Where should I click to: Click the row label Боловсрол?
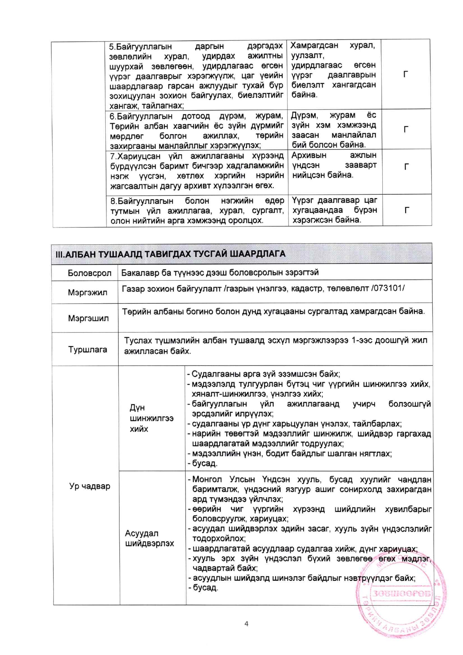point(89,274)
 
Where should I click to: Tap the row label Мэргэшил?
point(88,318)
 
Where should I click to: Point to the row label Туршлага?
point(87,350)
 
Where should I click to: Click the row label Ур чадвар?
point(90,486)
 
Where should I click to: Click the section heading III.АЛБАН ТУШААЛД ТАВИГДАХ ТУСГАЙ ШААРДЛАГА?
point(170,254)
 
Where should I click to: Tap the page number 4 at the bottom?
point(246,624)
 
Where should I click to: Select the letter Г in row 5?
point(406,74)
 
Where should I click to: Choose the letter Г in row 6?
point(406,129)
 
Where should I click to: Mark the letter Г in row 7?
point(407,167)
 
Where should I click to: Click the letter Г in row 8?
point(407,210)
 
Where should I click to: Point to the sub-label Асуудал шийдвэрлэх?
point(149,538)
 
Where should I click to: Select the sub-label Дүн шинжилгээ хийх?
point(151,418)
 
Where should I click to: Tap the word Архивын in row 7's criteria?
point(309,155)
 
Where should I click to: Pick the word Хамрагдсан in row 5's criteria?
point(314,46)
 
